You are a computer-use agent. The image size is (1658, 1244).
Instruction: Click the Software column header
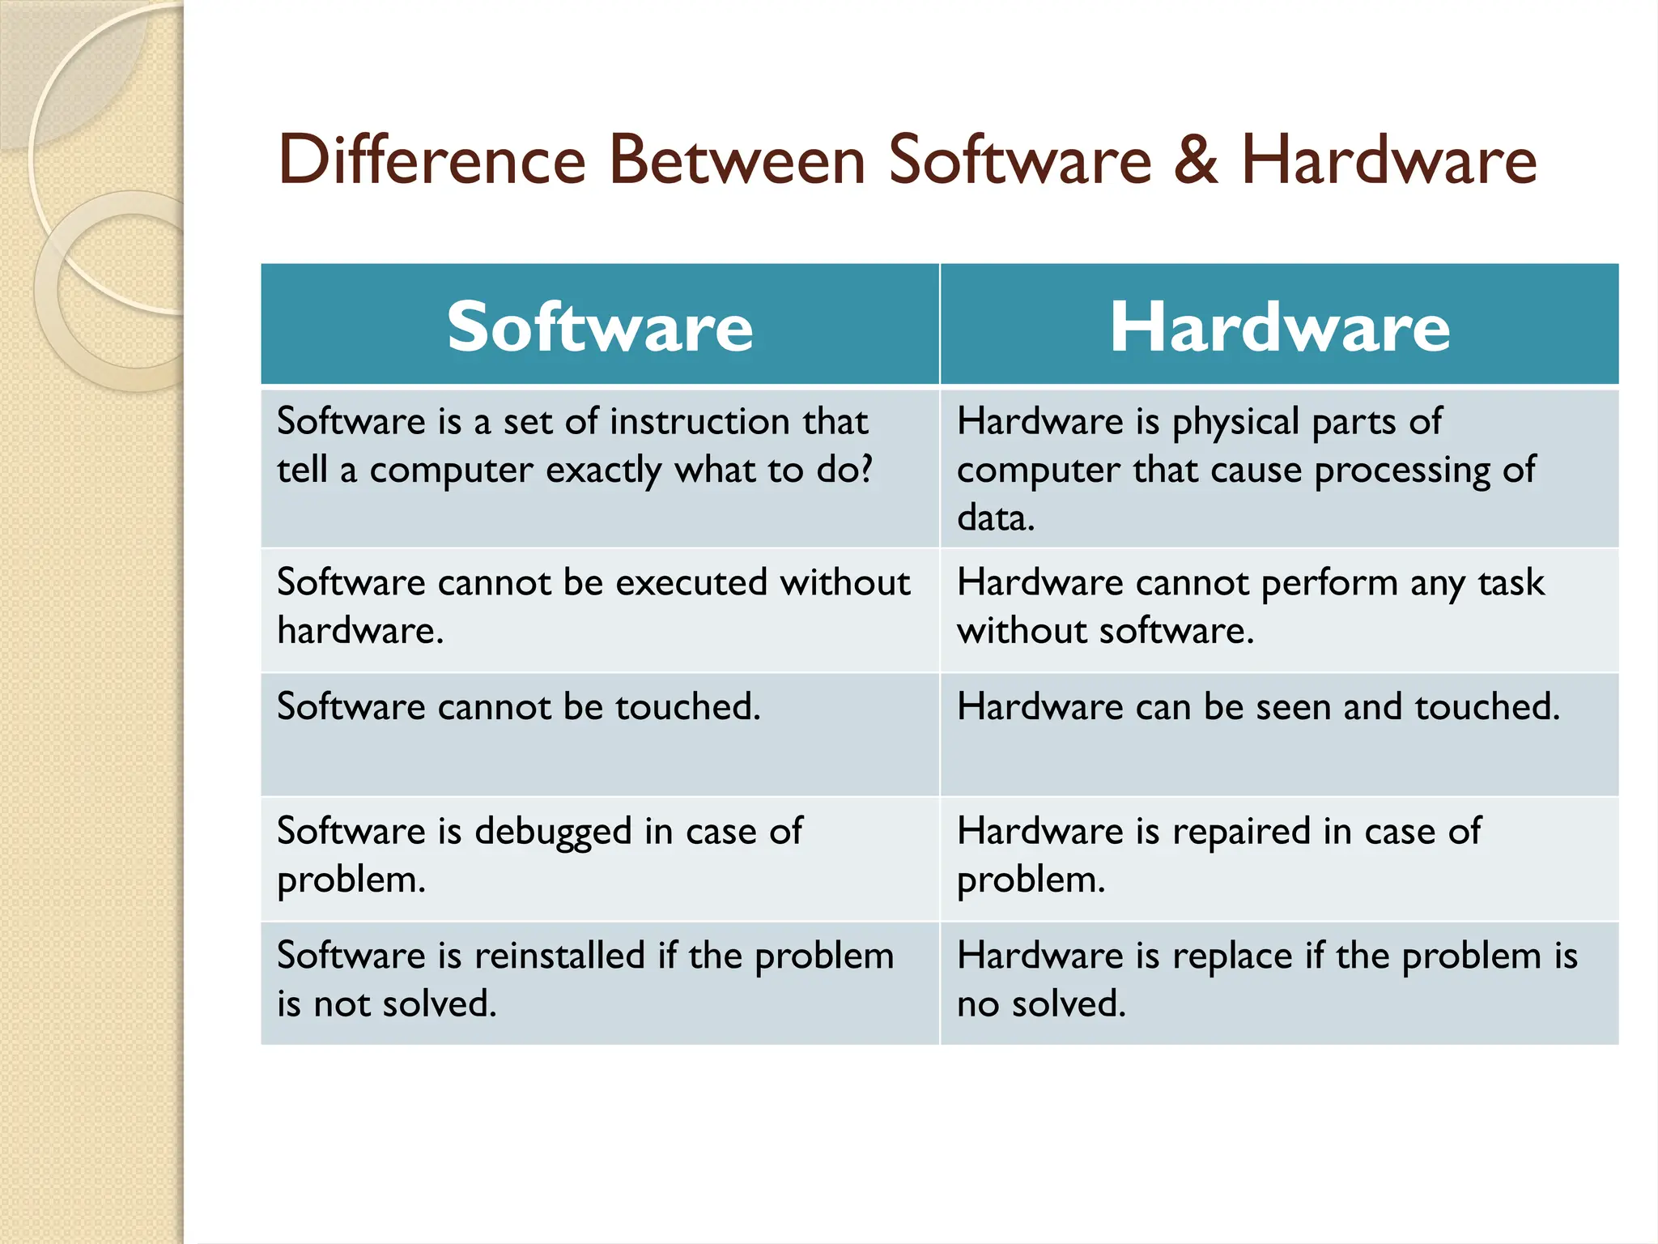pos(600,326)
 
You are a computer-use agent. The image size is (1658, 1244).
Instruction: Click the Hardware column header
pos(1279,326)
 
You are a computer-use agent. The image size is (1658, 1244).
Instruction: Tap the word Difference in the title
pos(432,160)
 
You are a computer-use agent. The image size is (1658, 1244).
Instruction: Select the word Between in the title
pos(737,160)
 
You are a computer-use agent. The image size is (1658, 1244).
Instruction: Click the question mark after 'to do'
pos(865,469)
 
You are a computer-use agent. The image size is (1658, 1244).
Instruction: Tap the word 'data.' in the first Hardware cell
pos(995,518)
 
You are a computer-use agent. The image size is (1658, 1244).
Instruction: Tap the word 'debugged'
pos(553,832)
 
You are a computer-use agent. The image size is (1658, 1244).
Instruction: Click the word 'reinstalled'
pos(559,956)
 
